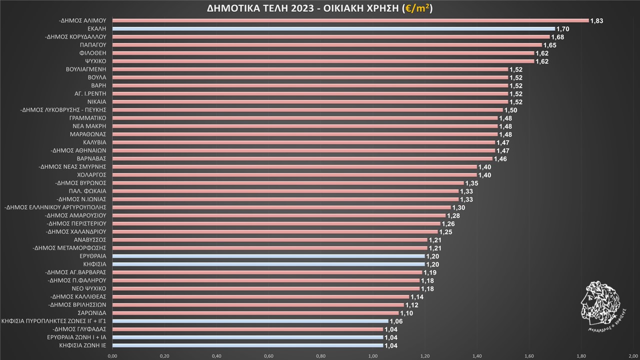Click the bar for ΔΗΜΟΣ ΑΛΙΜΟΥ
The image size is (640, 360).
click(350, 20)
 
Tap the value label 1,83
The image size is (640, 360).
click(597, 21)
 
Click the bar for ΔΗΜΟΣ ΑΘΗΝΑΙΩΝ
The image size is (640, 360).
click(303, 150)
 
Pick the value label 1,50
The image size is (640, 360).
click(511, 110)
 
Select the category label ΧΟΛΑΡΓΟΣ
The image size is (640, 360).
click(92, 175)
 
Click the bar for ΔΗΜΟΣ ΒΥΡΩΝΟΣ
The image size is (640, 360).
click(288, 183)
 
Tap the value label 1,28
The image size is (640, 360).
click(453, 215)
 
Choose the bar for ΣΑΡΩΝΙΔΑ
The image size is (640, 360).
click(255, 313)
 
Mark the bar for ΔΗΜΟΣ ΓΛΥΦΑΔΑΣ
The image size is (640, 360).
click(247, 329)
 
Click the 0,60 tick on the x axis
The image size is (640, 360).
click(268, 355)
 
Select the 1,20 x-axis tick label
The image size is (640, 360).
click(424, 355)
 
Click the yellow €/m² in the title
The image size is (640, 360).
click(417, 8)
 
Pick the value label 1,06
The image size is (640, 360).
click(396, 321)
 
